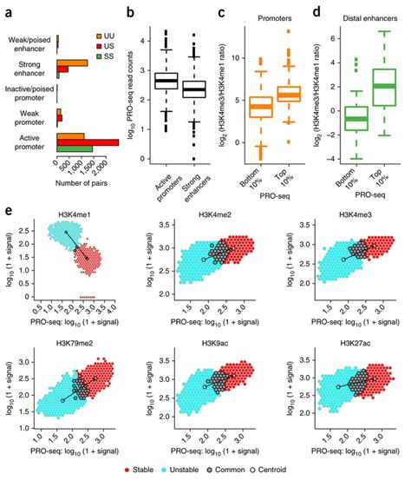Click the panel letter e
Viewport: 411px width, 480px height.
tap(8, 211)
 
